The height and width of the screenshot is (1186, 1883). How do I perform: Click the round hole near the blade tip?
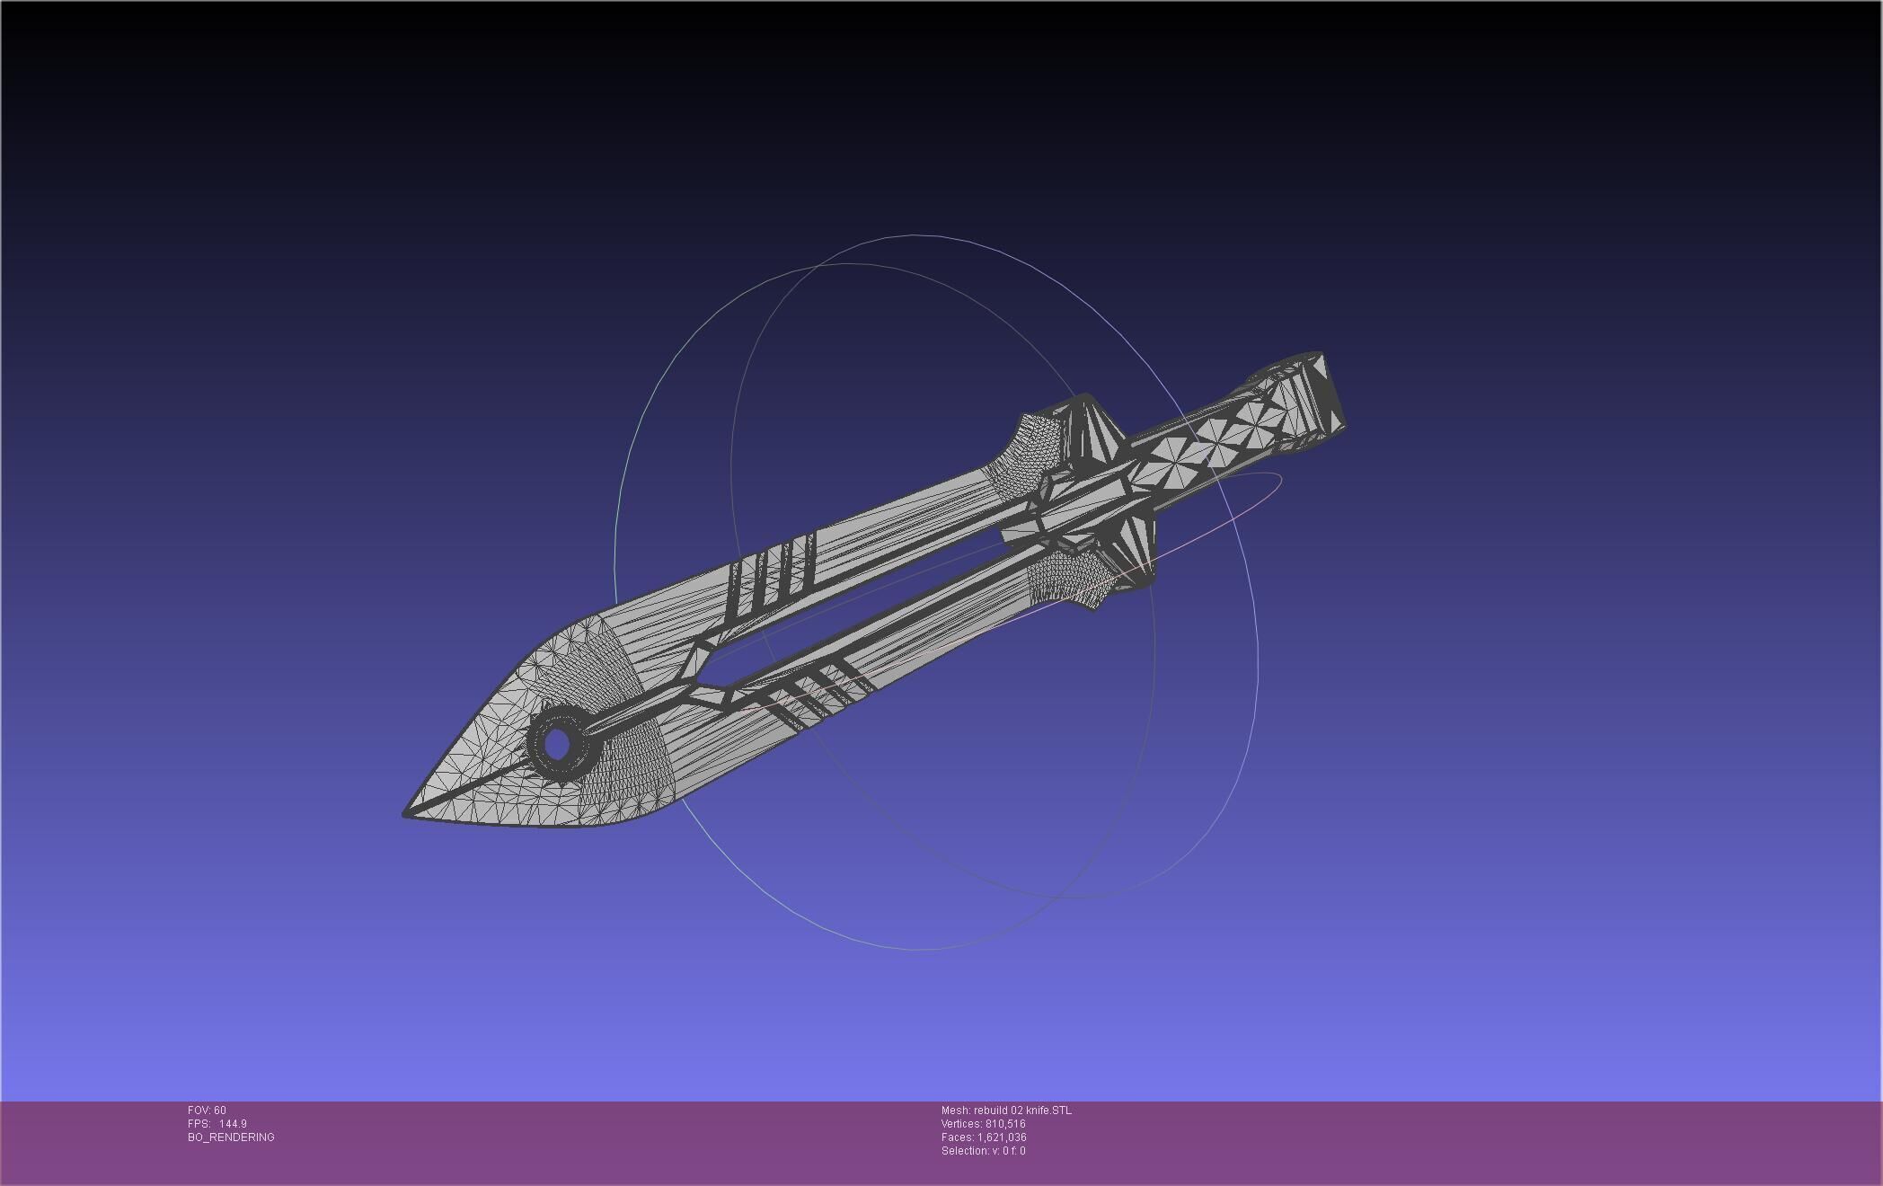click(558, 744)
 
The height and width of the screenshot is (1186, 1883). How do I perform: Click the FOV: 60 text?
click(207, 1111)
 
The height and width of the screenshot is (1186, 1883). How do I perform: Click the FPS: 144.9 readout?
click(217, 1124)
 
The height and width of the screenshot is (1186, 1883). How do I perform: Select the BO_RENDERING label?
click(231, 1137)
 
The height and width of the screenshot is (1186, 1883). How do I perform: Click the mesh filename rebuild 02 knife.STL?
click(1022, 1111)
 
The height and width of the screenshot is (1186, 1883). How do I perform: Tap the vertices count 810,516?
click(1005, 1124)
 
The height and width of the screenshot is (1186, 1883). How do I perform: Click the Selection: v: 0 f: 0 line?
click(983, 1151)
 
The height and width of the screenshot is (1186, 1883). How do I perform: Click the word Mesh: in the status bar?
click(955, 1111)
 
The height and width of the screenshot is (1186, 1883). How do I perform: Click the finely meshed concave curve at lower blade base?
click(1074, 580)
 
